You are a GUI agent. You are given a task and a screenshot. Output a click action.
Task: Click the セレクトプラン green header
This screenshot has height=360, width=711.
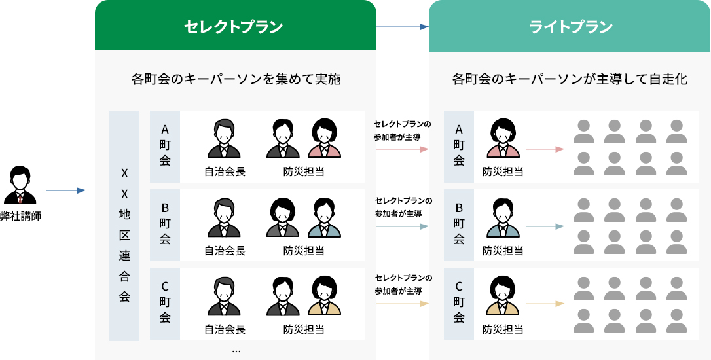coord(235,26)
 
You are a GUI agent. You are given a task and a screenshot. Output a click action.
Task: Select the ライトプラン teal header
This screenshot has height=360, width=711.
coord(570,26)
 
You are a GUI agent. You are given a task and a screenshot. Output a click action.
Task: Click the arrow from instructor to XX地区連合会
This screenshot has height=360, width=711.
coord(66,190)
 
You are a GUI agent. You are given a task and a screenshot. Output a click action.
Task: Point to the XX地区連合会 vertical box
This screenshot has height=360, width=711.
coord(124,226)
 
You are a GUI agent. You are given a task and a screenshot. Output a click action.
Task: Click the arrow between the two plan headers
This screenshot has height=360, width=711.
coord(402,27)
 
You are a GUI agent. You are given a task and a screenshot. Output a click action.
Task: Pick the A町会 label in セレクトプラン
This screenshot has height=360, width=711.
coord(165,145)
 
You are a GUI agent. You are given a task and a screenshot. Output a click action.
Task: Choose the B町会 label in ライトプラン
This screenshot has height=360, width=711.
coord(459,224)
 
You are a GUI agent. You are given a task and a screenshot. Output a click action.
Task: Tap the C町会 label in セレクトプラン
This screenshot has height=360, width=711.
coord(165,302)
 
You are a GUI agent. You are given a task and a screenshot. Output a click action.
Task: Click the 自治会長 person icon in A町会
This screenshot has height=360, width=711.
coord(224,139)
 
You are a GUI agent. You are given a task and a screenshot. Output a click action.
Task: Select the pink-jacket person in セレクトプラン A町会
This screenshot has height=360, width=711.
coord(325,139)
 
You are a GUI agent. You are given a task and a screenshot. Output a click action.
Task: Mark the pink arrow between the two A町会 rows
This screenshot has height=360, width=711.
coord(403,149)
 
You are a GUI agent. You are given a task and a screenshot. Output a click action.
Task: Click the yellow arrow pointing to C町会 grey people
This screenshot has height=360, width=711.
coord(544,304)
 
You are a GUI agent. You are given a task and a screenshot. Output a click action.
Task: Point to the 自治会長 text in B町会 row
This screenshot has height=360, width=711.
coord(225,251)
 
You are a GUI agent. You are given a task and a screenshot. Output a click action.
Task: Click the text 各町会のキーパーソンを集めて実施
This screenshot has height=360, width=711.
coord(236,80)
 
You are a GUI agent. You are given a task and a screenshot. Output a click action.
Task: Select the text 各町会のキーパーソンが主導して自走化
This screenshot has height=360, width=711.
coord(570,80)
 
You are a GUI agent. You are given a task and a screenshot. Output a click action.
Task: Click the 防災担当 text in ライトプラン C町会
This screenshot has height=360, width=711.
coord(503,329)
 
